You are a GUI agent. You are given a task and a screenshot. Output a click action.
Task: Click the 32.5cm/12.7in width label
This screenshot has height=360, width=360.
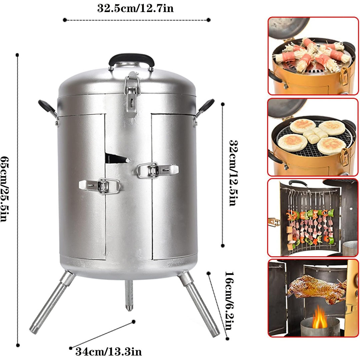point(135,8)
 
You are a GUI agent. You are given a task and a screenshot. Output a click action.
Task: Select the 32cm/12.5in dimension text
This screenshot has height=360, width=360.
point(234,173)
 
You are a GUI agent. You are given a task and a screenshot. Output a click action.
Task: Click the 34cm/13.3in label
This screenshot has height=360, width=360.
point(109,352)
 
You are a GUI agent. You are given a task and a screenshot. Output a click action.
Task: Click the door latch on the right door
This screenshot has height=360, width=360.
point(156,170)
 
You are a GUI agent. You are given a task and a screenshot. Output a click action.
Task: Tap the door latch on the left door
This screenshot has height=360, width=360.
point(100,186)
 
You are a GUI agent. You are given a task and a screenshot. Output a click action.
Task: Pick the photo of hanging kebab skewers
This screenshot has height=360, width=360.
point(313,217)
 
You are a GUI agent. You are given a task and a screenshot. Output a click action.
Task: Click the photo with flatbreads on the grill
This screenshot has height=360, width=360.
point(313,137)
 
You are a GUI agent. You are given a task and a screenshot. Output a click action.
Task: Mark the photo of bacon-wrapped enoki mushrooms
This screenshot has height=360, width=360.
point(313,56)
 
